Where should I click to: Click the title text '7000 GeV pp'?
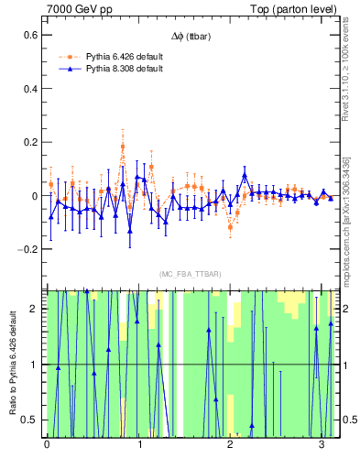(79, 9)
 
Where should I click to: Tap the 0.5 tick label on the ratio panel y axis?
(33, 420)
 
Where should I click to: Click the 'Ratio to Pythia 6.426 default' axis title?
(11, 364)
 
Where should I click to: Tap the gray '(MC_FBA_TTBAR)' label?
(191, 274)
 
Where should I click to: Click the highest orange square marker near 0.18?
(122, 146)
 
